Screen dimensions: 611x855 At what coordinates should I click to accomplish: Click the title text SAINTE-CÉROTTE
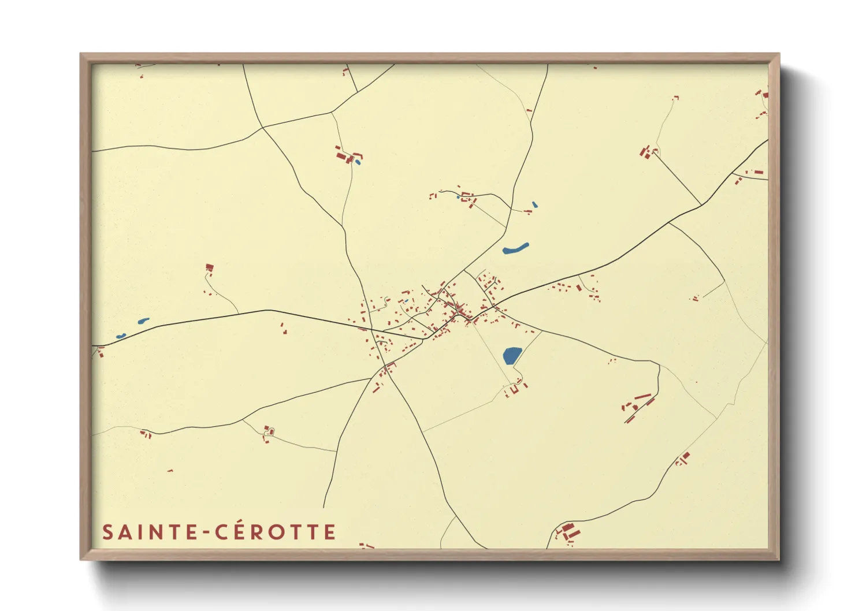point(219,532)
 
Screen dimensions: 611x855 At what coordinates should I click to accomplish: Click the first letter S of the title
point(107,532)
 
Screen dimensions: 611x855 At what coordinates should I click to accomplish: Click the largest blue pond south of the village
point(511,355)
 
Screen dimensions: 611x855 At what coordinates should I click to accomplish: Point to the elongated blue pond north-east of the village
point(515,248)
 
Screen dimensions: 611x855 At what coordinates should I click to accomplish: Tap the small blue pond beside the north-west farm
point(358,162)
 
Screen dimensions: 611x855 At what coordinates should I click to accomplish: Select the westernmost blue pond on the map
point(121,336)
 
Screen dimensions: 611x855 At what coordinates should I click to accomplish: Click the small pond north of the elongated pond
point(534,204)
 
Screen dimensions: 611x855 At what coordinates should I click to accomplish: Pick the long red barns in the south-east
point(638,406)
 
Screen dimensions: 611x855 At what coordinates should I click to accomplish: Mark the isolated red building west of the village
point(210,267)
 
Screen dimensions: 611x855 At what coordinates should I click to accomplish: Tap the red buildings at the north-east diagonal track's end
point(646,152)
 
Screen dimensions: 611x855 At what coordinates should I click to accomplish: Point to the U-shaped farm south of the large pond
point(513,390)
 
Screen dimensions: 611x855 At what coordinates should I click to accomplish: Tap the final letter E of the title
point(330,532)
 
